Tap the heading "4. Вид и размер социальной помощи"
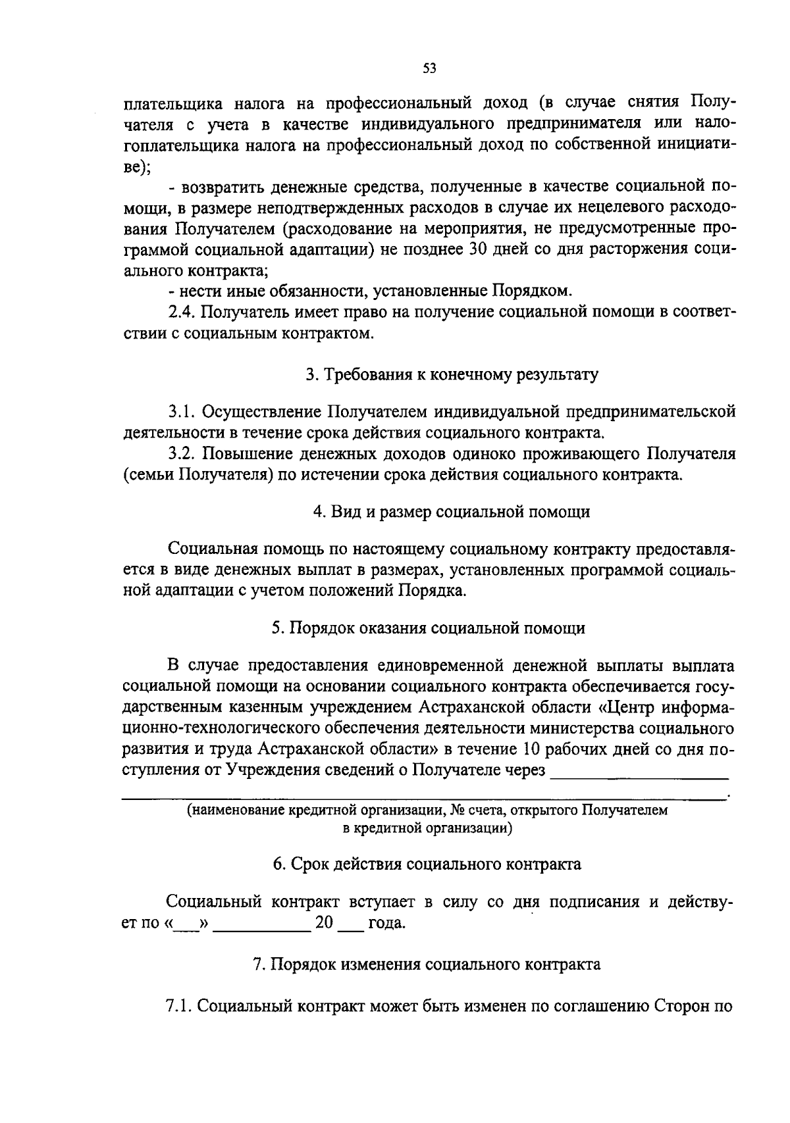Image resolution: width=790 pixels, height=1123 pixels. (452, 511)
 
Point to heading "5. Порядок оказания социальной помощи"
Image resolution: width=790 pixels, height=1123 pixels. (429, 628)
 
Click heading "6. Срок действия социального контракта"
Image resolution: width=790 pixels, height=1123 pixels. (427, 864)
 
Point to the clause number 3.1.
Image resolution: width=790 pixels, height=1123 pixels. (181, 412)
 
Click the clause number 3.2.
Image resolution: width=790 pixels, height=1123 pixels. (181, 454)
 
